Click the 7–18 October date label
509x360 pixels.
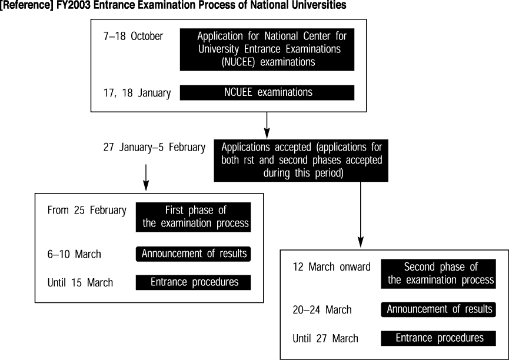(x=133, y=36)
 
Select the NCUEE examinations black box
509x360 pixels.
(x=267, y=92)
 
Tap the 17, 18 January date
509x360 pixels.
(x=137, y=93)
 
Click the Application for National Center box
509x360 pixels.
(x=267, y=49)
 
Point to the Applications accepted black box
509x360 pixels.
(x=301, y=161)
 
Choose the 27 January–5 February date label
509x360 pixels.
(x=154, y=148)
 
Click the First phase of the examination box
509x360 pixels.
(x=193, y=217)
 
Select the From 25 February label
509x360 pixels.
(x=87, y=211)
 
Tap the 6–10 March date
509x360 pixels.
(x=74, y=254)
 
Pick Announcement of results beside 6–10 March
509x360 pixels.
(x=193, y=254)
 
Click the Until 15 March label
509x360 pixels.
(x=80, y=282)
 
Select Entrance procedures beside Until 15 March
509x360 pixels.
(x=193, y=282)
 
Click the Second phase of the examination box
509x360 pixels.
(x=438, y=274)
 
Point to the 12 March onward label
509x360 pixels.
(x=331, y=267)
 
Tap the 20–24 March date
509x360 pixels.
(x=322, y=309)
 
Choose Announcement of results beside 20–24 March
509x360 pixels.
(x=438, y=309)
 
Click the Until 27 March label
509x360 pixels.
(x=325, y=338)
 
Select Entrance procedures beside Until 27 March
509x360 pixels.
(x=438, y=338)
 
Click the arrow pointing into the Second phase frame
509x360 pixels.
(x=360, y=214)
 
